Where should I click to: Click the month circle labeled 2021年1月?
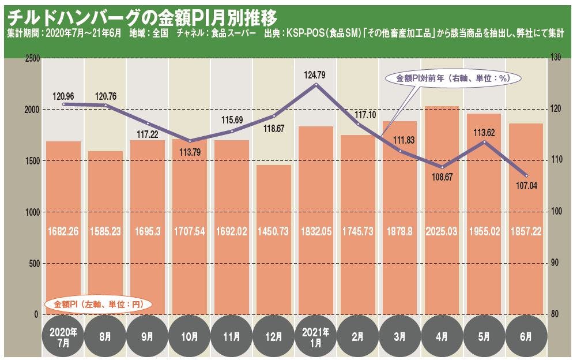[x=316, y=336]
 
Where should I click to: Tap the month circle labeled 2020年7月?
[x=63, y=336]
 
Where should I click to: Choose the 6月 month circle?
[x=526, y=336]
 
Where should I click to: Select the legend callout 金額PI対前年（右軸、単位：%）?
[x=450, y=78]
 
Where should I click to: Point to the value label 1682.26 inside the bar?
[x=63, y=232]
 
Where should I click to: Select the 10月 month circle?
[x=190, y=336]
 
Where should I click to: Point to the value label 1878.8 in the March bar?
[x=400, y=232]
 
